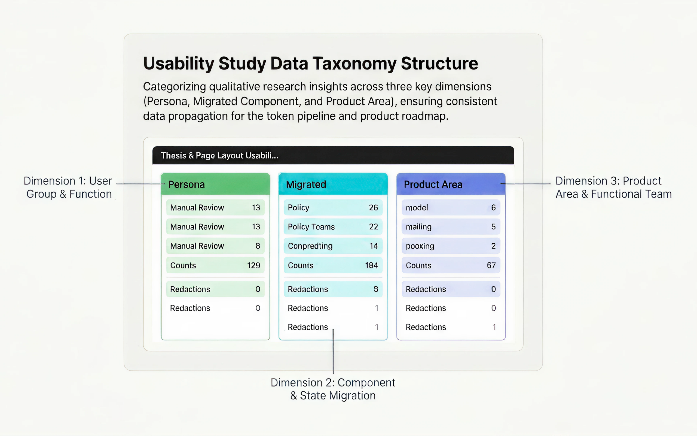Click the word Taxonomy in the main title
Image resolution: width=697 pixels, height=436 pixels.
pyautogui.click(x=354, y=64)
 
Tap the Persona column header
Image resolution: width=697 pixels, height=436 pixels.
pyautogui.click(x=186, y=184)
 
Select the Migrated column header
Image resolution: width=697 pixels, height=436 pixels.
pyautogui.click(x=306, y=184)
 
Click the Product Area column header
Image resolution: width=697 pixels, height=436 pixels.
pyautogui.click(x=433, y=184)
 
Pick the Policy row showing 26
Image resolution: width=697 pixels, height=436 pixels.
pyautogui.click(x=333, y=207)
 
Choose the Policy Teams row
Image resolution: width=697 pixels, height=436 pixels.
pyautogui.click(x=333, y=227)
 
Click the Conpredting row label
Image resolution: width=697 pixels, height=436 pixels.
pyautogui.click(x=310, y=246)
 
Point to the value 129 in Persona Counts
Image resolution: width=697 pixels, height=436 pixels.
pyautogui.click(x=253, y=265)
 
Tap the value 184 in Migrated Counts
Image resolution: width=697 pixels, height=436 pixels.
pyautogui.click(x=371, y=265)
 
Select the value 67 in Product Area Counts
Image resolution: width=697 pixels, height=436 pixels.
pyautogui.click(x=491, y=265)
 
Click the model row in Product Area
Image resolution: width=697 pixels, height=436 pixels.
pyautogui.click(x=451, y=207)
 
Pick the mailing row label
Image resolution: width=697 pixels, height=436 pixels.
pyautogui.click(x=418, y=227)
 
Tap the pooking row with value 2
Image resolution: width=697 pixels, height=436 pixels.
pyautogui.click(x=451, y=246)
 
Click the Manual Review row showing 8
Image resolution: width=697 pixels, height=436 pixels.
pyautogui.click(x=215, y=246)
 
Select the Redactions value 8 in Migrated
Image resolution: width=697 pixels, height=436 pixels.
pyautogui.click(x=376, y=289)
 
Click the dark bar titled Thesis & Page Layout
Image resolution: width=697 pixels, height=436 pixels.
pyautogui.click(x=333, y=155)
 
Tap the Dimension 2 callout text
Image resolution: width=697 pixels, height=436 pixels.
pyautogui.click(x=333, y=389)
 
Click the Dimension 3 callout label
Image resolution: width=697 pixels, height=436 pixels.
pyautogui.click(x=613, y=187)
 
